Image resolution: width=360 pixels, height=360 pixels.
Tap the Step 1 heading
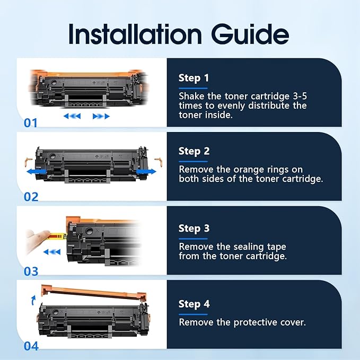(194, 78)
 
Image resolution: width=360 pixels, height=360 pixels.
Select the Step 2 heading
(194, 151)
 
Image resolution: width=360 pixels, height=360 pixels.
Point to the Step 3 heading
(194, 229)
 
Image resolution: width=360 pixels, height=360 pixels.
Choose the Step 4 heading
(194, 304)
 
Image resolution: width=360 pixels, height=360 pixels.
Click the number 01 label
(31, 123)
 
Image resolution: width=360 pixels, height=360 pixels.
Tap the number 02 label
(31, 197)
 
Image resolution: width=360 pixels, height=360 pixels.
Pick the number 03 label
(31, 271)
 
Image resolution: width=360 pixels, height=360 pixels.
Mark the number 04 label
(31, 346)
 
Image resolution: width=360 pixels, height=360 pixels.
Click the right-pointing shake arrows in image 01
(101, 116)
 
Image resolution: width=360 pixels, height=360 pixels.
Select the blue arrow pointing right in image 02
(146, 172)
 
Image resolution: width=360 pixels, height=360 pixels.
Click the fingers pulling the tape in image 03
(37, 237)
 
